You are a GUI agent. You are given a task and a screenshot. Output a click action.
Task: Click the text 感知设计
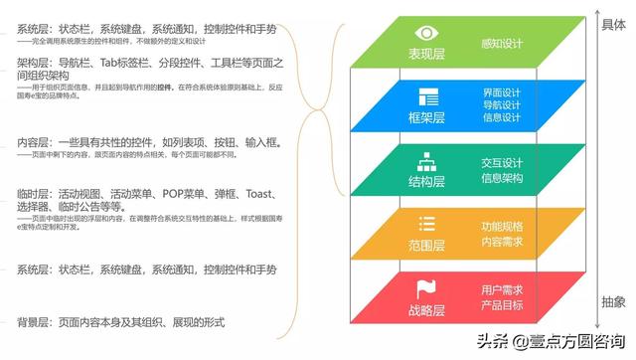point(502,43)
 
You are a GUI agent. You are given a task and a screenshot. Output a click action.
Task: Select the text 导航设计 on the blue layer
point(502,104)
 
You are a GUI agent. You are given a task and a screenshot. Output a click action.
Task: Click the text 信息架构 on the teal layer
point(502,179)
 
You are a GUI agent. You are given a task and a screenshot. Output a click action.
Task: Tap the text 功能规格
point(502,225)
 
